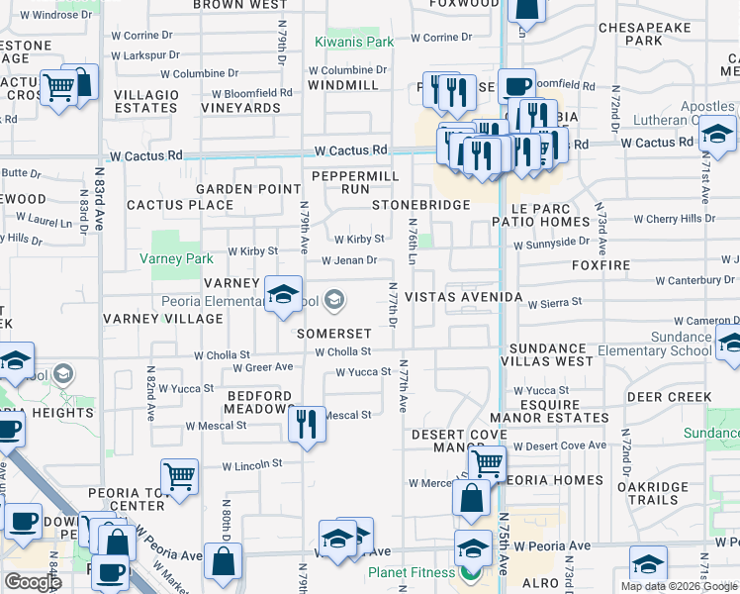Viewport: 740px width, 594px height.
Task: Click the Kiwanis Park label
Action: click(x=354, y=42)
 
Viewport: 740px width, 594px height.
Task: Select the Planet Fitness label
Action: click(x=414, y=572)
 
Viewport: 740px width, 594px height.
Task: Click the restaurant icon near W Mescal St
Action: click(x=307, y=425)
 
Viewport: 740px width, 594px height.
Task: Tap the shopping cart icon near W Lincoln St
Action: click(x=181, y=476)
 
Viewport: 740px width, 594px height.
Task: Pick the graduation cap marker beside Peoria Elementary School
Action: click(x=283, y=293)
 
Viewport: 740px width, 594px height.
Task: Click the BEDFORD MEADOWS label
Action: click(x=259, y=402)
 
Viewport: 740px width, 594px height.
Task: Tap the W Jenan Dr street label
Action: click(x=348, y=260)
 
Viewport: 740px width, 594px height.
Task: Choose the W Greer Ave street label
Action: click(x=263, y=367)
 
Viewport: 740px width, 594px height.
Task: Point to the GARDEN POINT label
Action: click(x=247, y=189)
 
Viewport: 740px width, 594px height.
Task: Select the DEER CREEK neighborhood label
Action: click(x=670, y=397)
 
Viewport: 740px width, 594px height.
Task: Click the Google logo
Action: click(x=34, y=582)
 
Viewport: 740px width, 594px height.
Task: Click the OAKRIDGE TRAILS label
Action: click(x=652, y=492)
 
